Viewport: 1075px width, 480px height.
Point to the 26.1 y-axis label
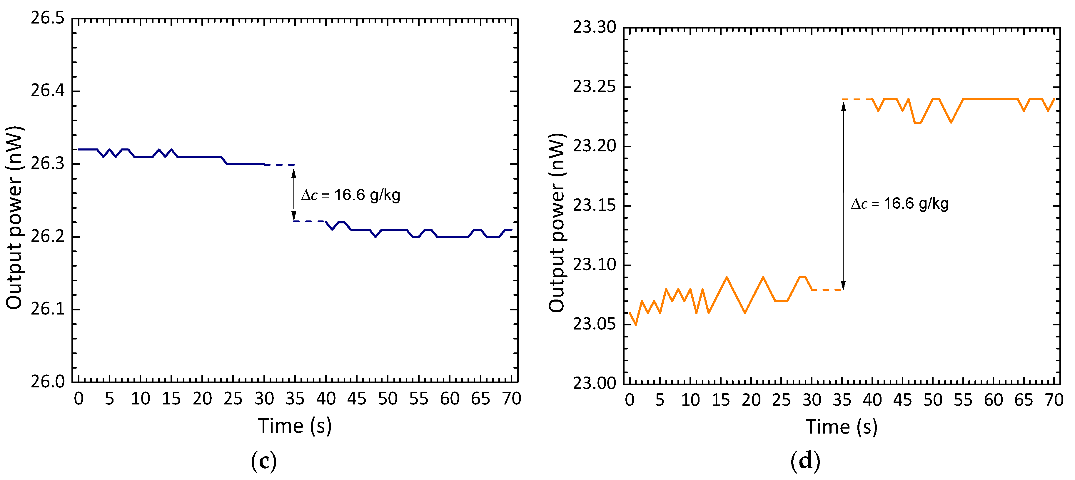48,309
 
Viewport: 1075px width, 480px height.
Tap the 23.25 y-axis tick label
594,87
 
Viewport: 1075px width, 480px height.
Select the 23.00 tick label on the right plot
594,383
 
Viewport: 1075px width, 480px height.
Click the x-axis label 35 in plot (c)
295,399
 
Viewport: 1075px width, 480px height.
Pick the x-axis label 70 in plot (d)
1054,400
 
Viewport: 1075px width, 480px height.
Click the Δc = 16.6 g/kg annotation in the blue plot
350,195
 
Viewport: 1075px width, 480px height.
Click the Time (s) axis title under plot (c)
295,426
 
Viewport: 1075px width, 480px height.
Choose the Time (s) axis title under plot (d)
841,427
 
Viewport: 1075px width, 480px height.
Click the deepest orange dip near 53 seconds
951,122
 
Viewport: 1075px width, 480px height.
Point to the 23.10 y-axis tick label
594,264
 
